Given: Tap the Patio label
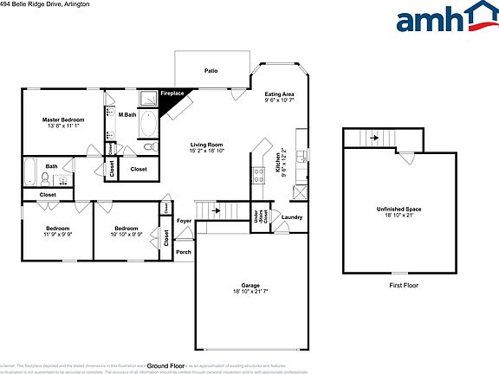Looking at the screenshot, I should coord(211,70).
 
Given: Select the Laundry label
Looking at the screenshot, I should coord(292,217).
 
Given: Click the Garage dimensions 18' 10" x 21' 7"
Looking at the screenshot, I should coord(250,291).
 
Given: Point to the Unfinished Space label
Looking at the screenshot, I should coord(398,210).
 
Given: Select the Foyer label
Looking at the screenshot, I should coord(185,221).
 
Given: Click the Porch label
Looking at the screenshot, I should coord(184,252).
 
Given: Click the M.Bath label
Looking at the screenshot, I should coord(127,115).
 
